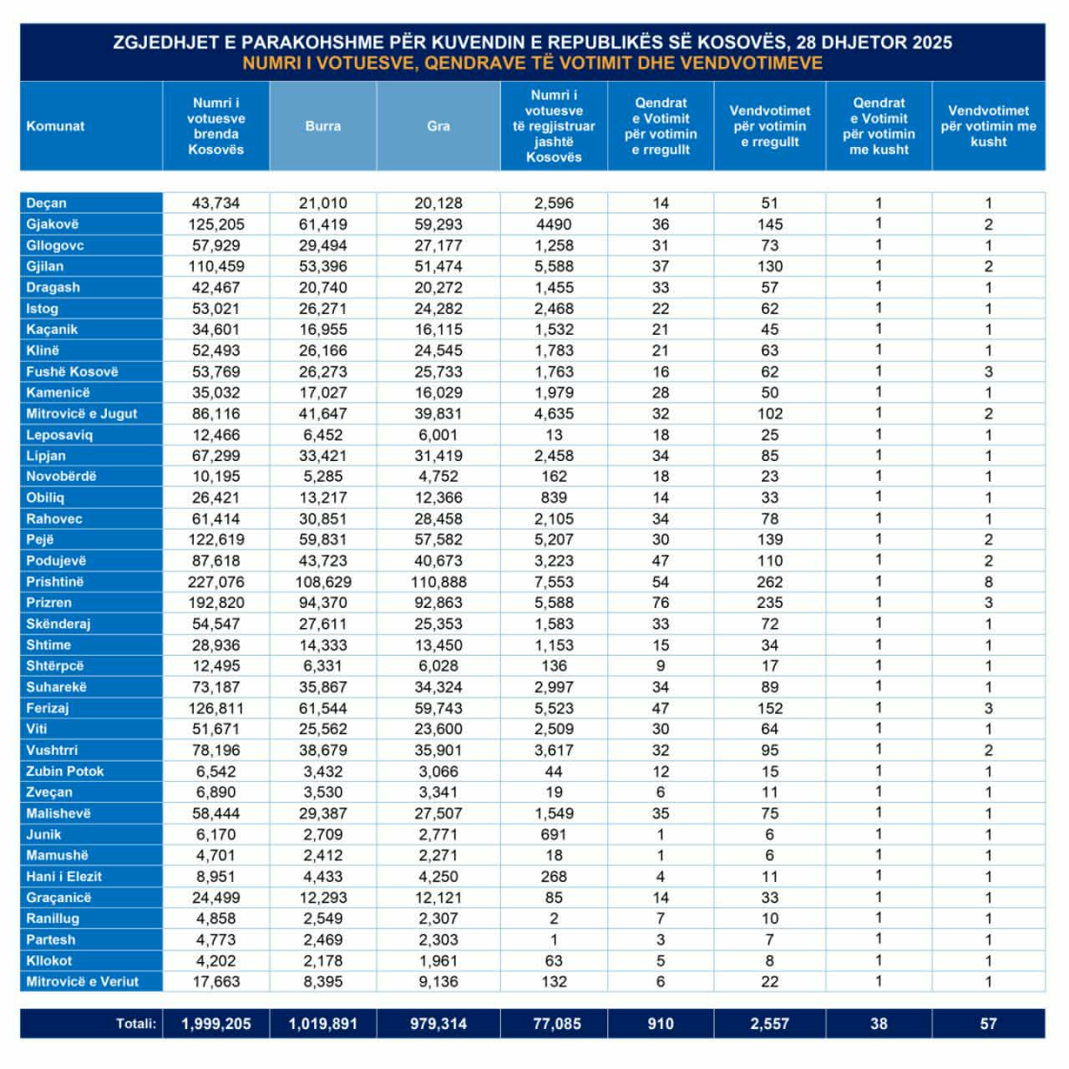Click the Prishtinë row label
[55, 582]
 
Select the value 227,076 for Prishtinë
[216, 582]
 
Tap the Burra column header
[323, 126]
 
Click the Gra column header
[438, 126]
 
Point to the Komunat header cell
[56, 126]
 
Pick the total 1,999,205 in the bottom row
[216, 1024]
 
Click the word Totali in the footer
[136, 1024]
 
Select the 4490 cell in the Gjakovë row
[554, 225]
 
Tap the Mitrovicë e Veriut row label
[83, 982]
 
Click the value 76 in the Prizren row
[661, 603]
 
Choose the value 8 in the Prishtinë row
[989, 582]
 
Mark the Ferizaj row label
[48, 708]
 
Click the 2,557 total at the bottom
[770, 1024]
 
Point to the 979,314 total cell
[438, 1024]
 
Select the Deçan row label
[47, 203]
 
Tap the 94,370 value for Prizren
[323, 603]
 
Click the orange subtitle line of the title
[533, 63]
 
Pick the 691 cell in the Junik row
[554, 834]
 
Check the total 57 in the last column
[989, 1024]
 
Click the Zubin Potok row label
[65, 772]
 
